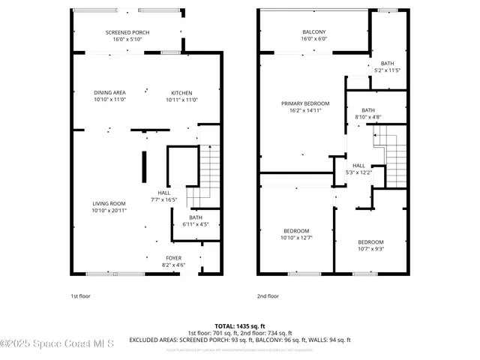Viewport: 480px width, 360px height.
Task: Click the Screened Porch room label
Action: tap(127, 35)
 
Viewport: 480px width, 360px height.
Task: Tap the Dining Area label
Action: tap(109, 96)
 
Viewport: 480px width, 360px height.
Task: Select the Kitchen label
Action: tap(181, 96)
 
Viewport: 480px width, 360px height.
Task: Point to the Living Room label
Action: tap(109, 207)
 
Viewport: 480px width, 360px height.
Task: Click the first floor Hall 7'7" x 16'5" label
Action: tap(163, 196)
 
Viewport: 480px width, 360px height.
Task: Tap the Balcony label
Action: tap(314, 35)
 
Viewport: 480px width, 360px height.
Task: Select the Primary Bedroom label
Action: tap(305, 106)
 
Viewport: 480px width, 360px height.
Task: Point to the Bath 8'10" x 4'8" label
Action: tap(367, 113)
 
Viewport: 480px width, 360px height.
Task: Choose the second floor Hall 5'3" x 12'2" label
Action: tap(358, 169)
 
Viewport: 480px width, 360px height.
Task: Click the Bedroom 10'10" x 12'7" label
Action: tap(296, 234)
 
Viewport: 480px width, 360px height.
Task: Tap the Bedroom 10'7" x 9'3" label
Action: tap(370, 245)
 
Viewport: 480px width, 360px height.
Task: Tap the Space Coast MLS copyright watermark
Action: tap(57, 345)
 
